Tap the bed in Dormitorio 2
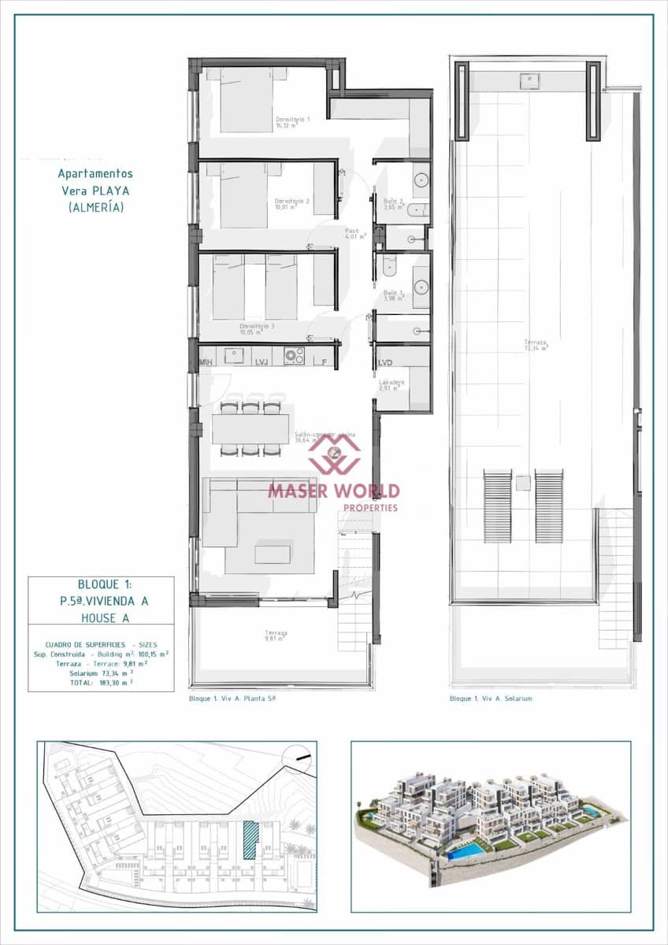pos(244,195)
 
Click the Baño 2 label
pos(394,203)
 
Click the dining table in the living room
pos(250,429)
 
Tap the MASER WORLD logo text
pos(334,491)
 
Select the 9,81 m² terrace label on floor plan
pos(276,636)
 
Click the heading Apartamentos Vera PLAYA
pos(95,190)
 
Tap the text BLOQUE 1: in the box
pos(105,584)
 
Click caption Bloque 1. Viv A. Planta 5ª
pos(232,699)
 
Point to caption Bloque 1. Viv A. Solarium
pos(491,699)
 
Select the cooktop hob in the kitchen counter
pos(295,356)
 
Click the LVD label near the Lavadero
pos(385,363)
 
